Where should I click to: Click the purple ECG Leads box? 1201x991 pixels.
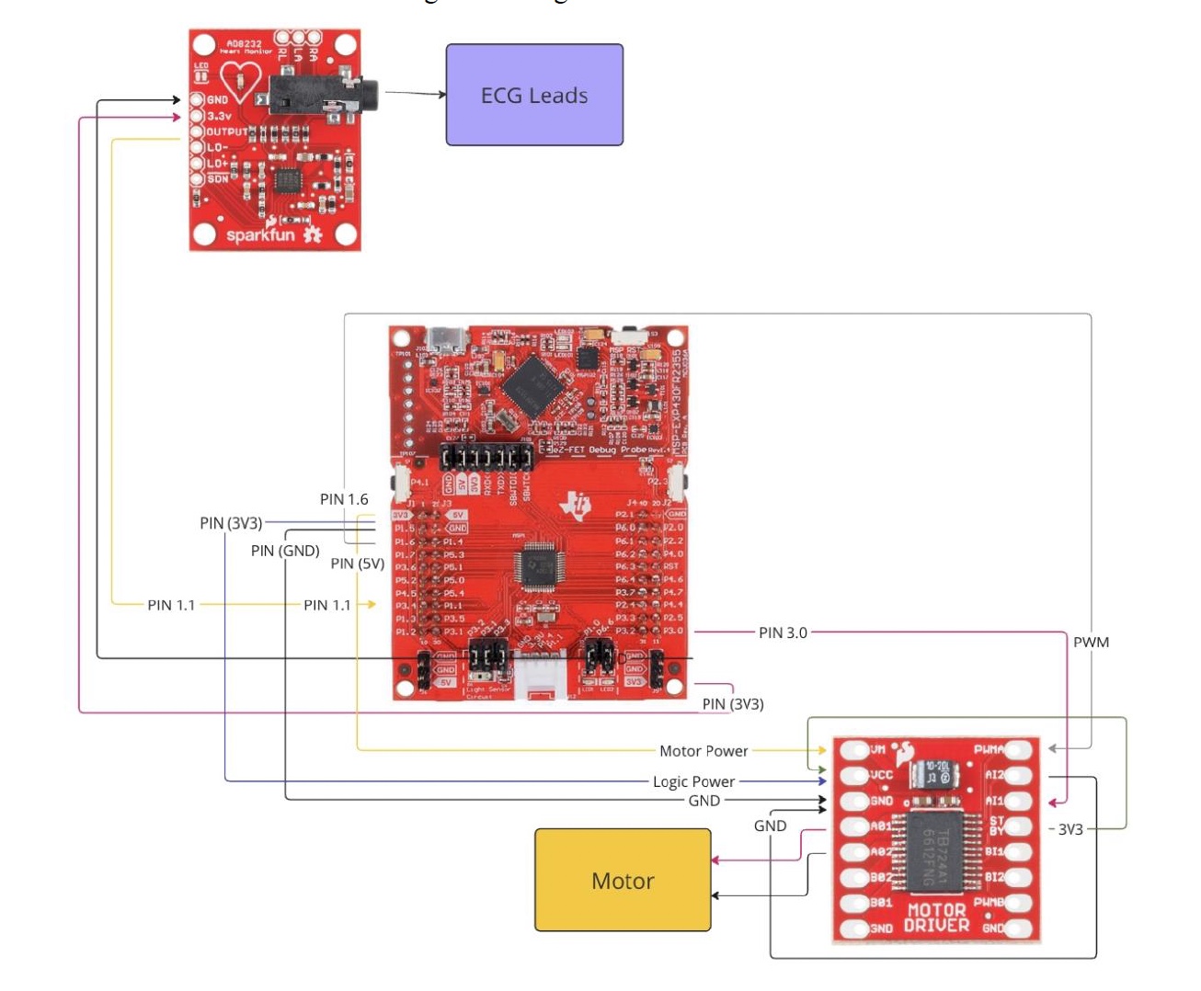pos(534,95)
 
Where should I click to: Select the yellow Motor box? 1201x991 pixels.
pos(623,880)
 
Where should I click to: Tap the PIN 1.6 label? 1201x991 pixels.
pos(344,499)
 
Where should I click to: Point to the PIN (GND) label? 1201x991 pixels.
pos(285,551)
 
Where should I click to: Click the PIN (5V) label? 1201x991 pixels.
pos(358,564)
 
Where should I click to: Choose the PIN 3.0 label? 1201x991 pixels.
pos(783,632)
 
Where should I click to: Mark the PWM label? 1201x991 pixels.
pos(1091,642)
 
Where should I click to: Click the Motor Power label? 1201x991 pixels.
pos(703,751)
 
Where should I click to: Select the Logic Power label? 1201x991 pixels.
pos(693,781)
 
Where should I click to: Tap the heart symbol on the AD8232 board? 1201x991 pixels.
pos(241,81)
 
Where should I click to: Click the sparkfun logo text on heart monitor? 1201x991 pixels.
pos(261,234)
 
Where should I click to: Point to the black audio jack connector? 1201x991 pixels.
pos(322,95)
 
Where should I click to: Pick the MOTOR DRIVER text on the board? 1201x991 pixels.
pos(936,917)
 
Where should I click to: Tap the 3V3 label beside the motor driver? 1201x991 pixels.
pos(1070,829)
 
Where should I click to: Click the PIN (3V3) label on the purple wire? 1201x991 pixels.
pos(231,523)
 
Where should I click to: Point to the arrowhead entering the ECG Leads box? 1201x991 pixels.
pos(441,94)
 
